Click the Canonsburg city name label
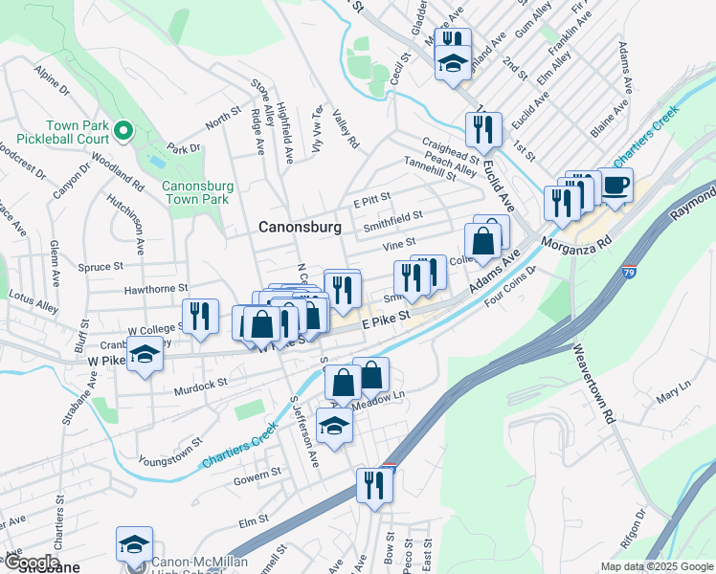[301, 228]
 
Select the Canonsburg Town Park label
[195, 192]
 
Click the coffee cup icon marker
[615, 185]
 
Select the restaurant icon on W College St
[199, 317]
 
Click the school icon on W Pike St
[145, 355]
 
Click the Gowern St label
[257, 472]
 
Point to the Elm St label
[252, 522]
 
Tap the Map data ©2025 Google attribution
[657, 566]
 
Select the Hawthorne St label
[154, 288]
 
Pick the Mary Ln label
[673, 387]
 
